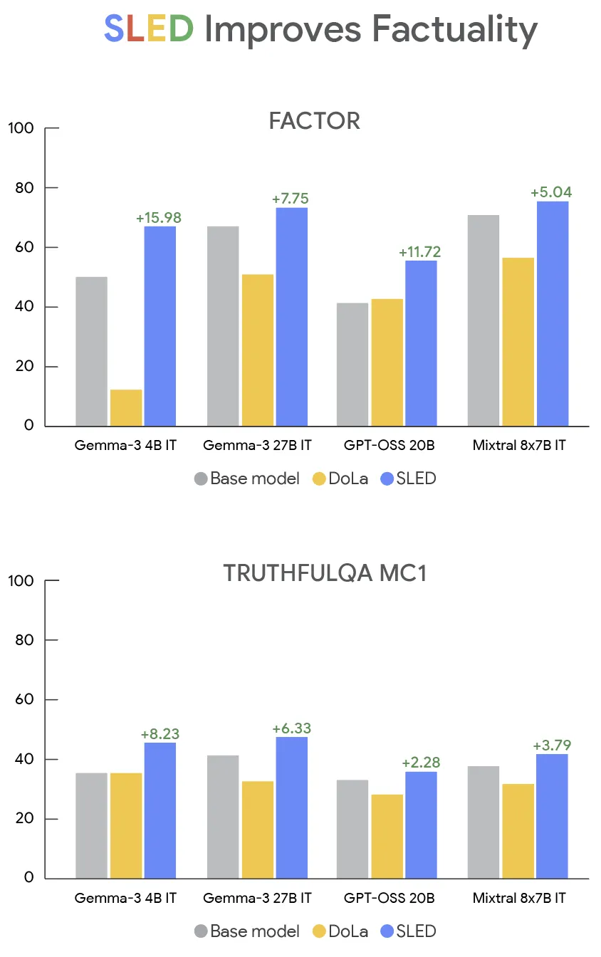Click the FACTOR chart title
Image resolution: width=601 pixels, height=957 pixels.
[x=314, y=121]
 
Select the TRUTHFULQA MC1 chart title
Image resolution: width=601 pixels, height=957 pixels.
[x=325, y=573]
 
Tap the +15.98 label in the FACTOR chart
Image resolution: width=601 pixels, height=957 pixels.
[x=159, y=217]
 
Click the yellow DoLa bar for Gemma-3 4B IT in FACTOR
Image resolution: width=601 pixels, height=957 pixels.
[x=126, y=408]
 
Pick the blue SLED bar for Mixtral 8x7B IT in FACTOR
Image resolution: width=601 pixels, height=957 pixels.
[x=553, y=313]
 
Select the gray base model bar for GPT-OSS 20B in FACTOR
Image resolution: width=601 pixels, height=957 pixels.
[x=352, y=365]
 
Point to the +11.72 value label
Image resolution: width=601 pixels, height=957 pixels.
[x=421, y=252]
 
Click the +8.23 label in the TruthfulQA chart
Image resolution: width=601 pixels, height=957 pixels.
[x=160, y=734]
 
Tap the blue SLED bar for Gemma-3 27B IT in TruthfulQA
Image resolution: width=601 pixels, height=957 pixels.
[x=292, y=807]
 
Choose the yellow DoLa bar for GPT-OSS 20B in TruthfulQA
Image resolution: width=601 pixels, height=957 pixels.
[x=387, y=836]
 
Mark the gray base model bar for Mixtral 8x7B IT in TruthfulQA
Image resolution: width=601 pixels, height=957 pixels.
[x=484, y=822]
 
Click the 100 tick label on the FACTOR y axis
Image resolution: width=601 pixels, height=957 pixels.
[x=21, y=129]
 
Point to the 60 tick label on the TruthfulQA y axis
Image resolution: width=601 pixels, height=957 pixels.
[x=24, y=700]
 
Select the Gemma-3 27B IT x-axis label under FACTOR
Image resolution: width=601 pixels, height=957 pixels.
[x=257, y=446]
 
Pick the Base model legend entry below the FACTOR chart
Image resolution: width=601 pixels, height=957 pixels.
[x=246, y=478]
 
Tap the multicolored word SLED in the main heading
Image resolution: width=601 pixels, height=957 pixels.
[x=149, y=29]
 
